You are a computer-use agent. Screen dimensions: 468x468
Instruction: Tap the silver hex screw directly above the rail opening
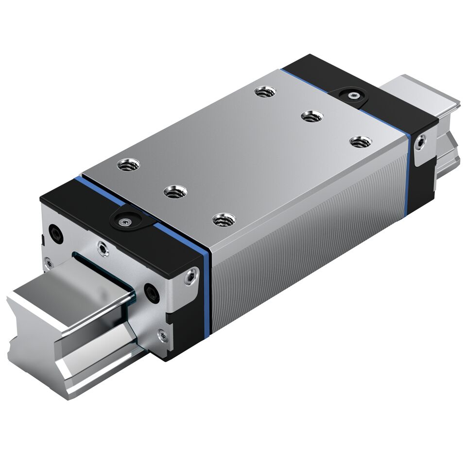pyautogui.click(x=102, y=249)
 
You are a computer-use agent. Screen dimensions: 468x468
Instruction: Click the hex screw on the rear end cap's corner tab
pyautogui.click(x=420, y=141)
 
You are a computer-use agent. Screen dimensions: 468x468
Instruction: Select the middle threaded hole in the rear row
pyautogui.click(x=312, y=116)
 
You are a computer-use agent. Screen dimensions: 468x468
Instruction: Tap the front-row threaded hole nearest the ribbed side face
pyautogui.click(x=224, y=220)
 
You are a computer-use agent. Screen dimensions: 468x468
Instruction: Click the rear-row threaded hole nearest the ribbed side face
pyautogui.click(x=360, y=141)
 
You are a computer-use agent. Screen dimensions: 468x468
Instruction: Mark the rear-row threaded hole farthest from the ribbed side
pyautogui.click(x=265, y=91)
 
